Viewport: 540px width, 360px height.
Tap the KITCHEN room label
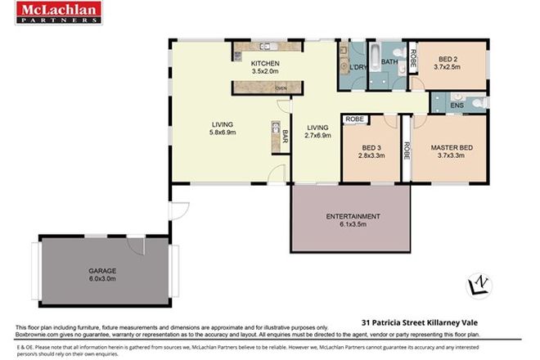click(x=265, y=64)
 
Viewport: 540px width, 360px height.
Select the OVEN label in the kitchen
click(x=281, y=87)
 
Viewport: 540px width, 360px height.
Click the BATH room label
click(x=389, y=62)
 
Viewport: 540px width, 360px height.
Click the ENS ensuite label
click(x=457, y=105)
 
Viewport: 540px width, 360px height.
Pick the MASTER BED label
click(x=452, y=148)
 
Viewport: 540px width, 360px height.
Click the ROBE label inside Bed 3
click(x=354, y=119)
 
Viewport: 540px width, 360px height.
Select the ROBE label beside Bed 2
click(x=414, y=59)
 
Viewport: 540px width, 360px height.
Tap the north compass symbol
click(x=476, y=285)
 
